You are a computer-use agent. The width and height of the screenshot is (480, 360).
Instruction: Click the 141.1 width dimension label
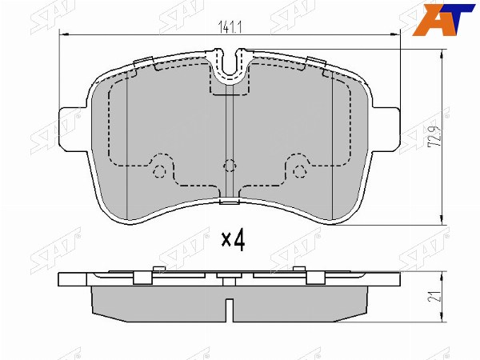(230, 27)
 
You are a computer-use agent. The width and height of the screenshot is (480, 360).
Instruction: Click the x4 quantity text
(234, 240)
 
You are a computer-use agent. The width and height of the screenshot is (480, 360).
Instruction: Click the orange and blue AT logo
(443, 19)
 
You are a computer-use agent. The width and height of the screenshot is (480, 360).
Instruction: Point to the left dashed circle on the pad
(159, 171)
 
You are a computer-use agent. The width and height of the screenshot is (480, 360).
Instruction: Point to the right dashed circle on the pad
(299, 171)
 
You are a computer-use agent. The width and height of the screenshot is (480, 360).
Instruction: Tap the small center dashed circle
(230, 166)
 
